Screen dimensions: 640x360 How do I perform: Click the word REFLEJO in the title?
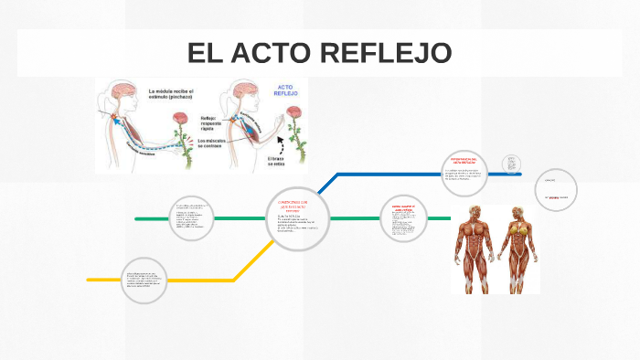pyautogui.click(x=386, y=53)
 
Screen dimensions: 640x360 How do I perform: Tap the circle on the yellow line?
pyautogui.click(x=148, y=280)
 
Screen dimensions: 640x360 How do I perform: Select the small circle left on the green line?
pyautogui.click(x=193, y=218)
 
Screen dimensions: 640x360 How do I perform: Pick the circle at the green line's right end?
pyautogui.click(x=404, y=218)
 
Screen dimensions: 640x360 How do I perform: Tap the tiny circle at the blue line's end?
pyautogui.click(x=512, y=165)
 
